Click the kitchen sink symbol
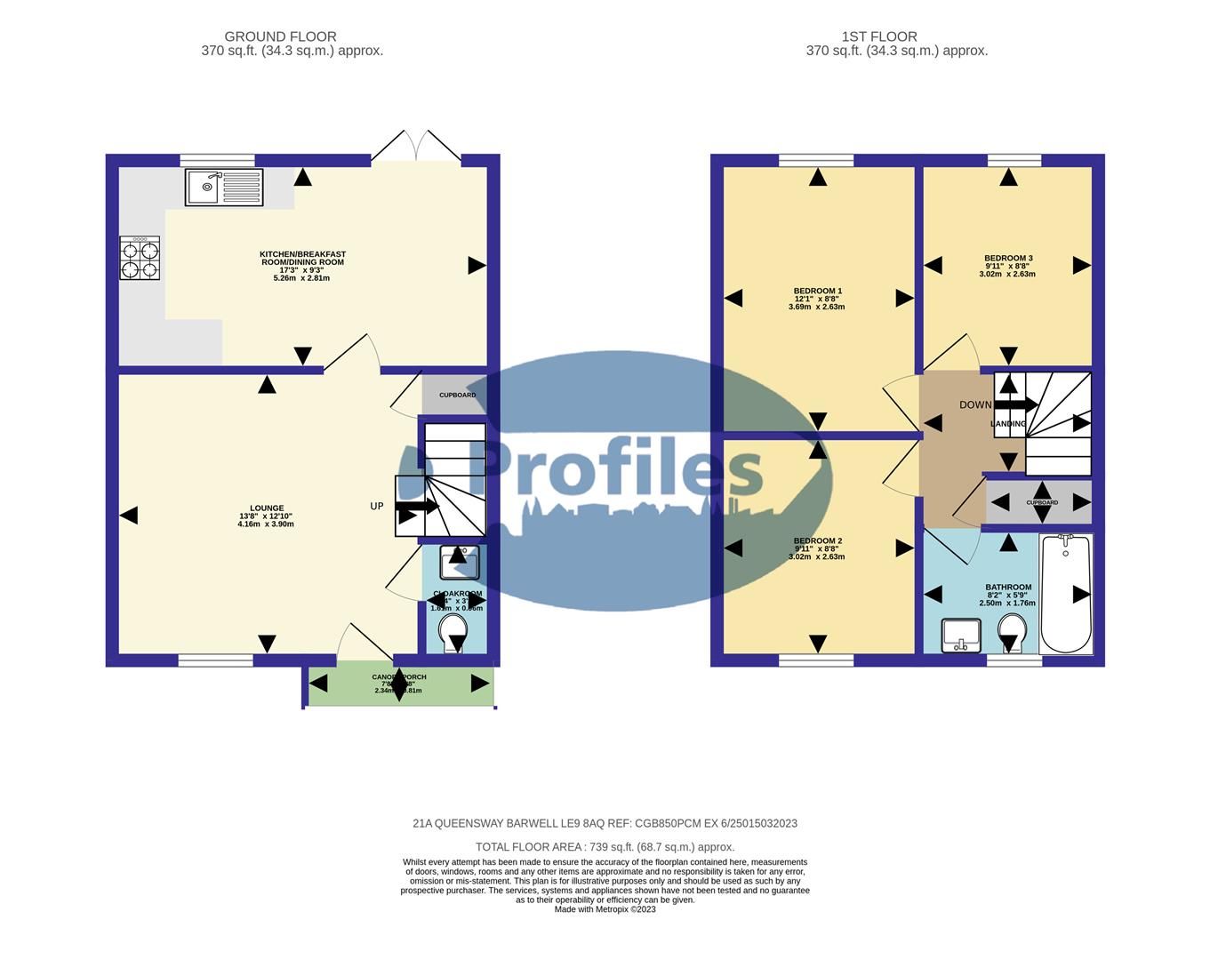coord(224,187)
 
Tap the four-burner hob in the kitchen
coord(140,258)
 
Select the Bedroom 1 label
coord(817,291)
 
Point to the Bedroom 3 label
coord(1007,259)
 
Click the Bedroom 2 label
coord(817,540)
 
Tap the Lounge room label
coord(267,508)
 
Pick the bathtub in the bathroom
coord(1065,593)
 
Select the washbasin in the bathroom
coord(960,635)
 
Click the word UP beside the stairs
coord(377,507)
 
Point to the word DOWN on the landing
coord(974,405)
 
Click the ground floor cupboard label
coord(457,395)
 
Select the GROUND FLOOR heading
coord(280,36)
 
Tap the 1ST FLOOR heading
coord(879,36)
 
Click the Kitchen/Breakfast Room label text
coord(302,259)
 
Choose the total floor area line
coord(605,847)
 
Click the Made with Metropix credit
coord(605,909)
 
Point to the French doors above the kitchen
coord(416,148)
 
